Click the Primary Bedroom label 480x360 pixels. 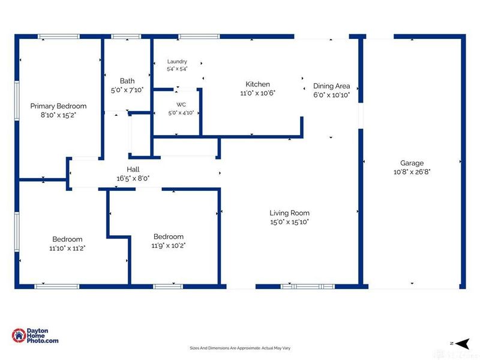point(58,106)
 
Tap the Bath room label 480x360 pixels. point(127,81)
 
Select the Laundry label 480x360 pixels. point(177,62)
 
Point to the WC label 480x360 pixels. point(181,104)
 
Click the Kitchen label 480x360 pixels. point(258,84)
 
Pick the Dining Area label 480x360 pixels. point(332,86)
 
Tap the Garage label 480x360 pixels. point(412,163)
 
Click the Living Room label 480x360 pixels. point(289,213)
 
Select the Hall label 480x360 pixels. point(133,169)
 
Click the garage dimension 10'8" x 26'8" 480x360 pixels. point(412,172)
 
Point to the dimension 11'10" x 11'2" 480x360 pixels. point(67,248)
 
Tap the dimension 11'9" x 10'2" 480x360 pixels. point(169,245)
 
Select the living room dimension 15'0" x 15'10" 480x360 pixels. point(289,222)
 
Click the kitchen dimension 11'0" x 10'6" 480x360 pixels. point(258,93)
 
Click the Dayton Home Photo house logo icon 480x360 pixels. point(19,336)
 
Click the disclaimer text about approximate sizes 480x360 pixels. point(240,348)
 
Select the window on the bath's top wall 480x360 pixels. point(126,37)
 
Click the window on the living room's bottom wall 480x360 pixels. point(308,287)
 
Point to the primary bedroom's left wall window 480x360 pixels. point(17,101)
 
